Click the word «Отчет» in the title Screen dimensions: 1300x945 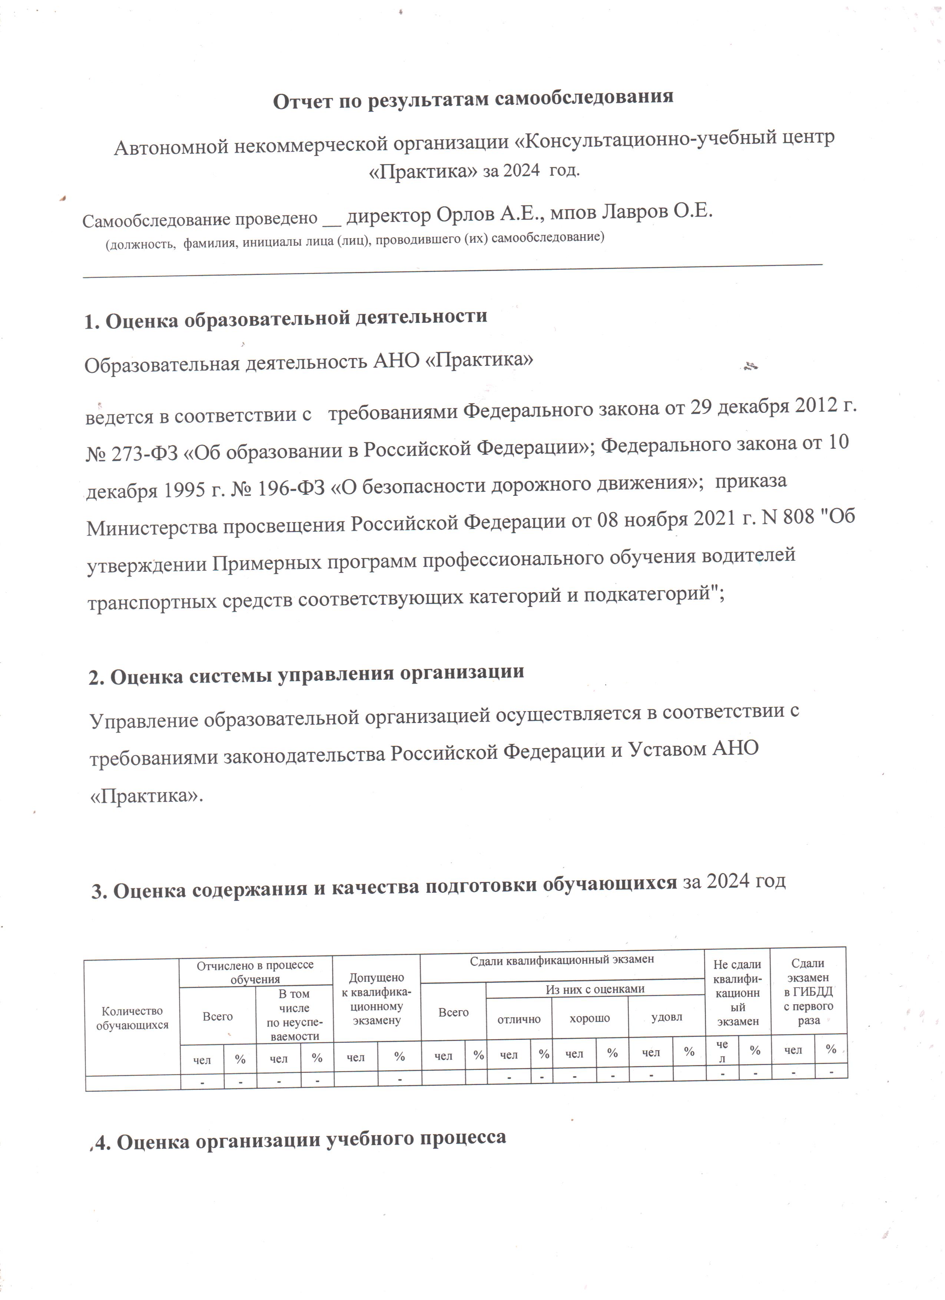(x=301, y=101)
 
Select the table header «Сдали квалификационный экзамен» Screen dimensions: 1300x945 (x=561, y=959)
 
